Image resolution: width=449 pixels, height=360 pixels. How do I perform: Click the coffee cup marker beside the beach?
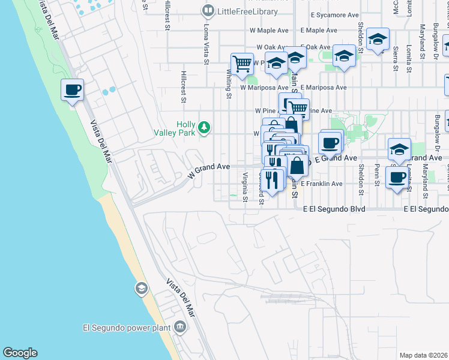(72, 91)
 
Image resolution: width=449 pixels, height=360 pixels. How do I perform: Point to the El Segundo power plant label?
(127, 328)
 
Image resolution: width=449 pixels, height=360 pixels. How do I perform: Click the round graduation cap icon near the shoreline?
(141, 289)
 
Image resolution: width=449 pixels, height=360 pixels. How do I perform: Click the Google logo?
(20, 352)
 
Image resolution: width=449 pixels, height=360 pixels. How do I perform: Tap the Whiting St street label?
(229, 83)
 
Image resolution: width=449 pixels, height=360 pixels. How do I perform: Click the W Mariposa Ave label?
(264, 88)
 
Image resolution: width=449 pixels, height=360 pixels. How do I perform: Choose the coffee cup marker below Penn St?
(397, 178)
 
